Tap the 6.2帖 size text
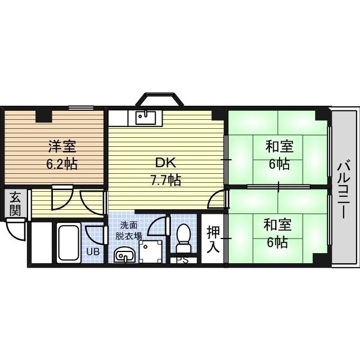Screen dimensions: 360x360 click(62, 164)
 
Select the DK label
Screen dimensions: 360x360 click(166, 163)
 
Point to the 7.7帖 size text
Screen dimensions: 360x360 click(165, 179)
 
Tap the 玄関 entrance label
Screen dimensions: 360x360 click(15, 204)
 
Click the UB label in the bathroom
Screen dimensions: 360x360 click(93, 251)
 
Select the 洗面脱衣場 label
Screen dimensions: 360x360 click(129, 231)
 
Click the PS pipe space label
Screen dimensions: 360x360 click(182, 260)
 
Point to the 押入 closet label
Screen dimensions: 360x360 click(213, 240)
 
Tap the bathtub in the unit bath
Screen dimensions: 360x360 click(69, 242)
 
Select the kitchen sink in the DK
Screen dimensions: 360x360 click(145, 118)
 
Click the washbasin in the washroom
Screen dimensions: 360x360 click(124, 255)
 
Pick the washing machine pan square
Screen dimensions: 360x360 click(151, 251)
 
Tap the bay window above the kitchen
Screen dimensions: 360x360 click(159, 99)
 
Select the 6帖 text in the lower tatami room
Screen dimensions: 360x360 click(277, 242)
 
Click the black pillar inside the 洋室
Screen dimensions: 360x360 click(44, 116)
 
